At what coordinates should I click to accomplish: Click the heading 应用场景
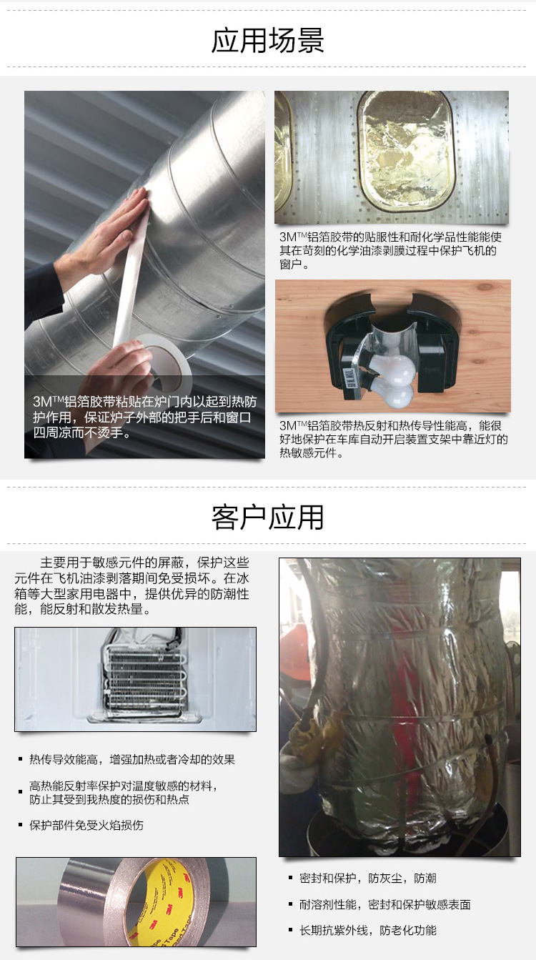click(268, 41)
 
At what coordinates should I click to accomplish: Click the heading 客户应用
click(268, 517)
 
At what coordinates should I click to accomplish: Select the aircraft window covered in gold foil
click(405, 154)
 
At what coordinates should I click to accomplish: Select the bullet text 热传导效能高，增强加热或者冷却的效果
click(131, 759)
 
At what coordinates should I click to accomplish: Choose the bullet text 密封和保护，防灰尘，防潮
click(367, 879)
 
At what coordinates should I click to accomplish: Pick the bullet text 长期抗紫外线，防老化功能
click(367, 930)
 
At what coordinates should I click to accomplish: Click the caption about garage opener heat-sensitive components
click(393, 438)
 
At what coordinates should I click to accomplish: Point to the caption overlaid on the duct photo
click(143, 417)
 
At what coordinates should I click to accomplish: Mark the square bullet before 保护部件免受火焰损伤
click(21, 826)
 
